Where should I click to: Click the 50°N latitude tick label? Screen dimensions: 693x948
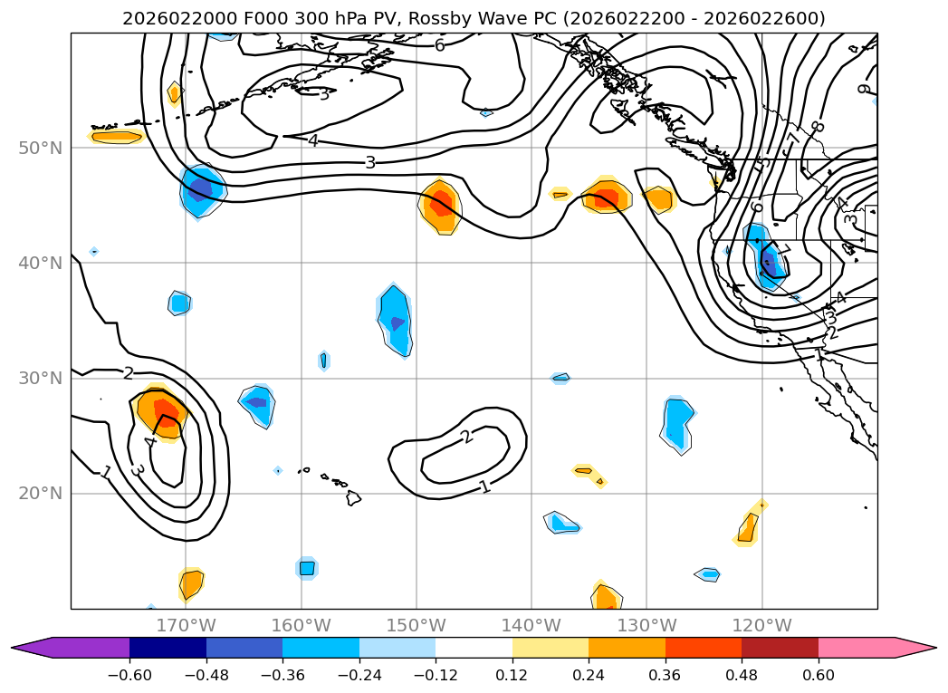coord(40,148)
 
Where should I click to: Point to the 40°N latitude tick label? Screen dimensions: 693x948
coord(40,263)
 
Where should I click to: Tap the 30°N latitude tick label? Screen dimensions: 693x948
coord(40,378)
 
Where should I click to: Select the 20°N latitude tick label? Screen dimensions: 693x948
coord(40,493)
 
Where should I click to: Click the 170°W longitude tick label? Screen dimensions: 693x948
coord(186,625)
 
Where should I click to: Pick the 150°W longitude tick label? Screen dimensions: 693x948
coord(417,625)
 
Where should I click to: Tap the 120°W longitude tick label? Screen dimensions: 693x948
coord(762,625)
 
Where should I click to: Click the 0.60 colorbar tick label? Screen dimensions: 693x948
coord(818,675)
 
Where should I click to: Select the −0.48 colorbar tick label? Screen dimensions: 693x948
coord(206,675)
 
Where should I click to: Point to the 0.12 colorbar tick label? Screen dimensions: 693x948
coord(512,675)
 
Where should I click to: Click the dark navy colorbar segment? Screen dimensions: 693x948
coord(168,647)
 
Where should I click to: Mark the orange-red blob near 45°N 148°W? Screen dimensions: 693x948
coord(441,206)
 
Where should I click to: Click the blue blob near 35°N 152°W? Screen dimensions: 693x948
coord(396,319)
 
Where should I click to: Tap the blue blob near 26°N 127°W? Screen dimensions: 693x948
coord(676,421)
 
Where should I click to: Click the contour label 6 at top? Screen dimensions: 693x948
coord(439,45)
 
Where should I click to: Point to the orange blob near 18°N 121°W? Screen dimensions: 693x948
coord(747,527)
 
